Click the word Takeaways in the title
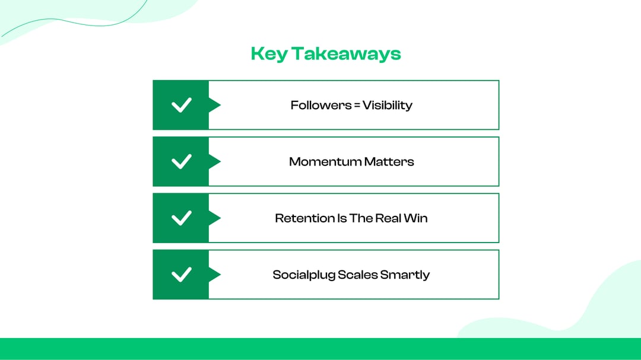click(x=345, y=54)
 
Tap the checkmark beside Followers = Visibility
click(x=181, y=105)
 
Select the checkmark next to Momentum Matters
click(x=181, y=161)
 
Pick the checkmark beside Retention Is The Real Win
click(x=181, y=218)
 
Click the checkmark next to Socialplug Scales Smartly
click(x=181, y=275)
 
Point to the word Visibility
click(x=388, y=106)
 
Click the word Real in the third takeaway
click(x=388, y=218)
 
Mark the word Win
click(x=416, y=218)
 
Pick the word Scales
click(x=357, y=275)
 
